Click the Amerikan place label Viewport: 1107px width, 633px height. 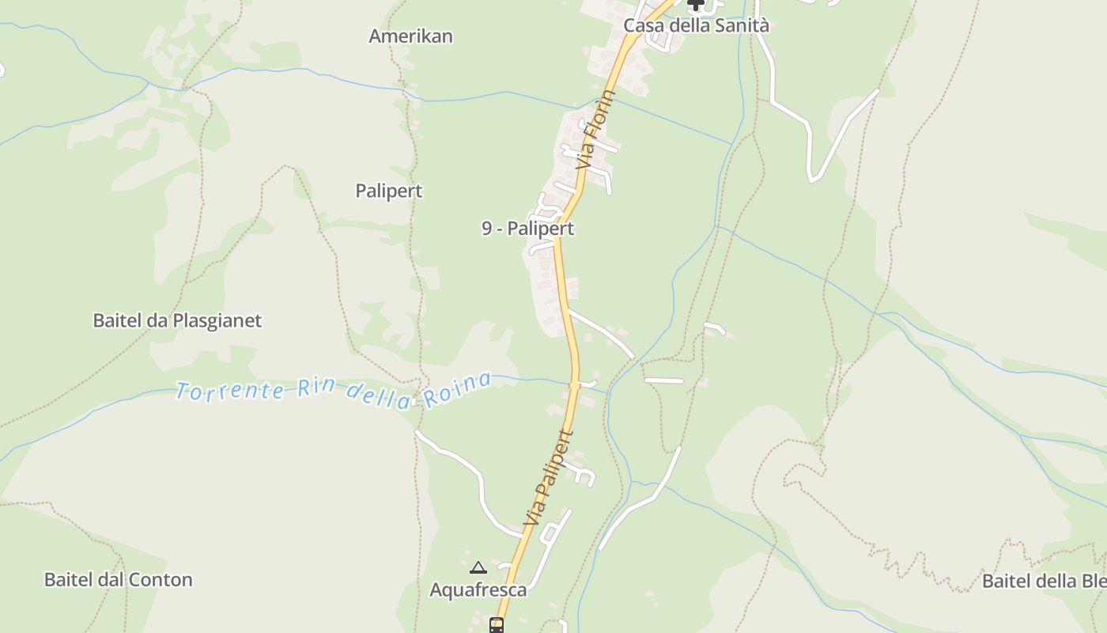(x=410, y=36)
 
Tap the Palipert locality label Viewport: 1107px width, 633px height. (x=388, y=191)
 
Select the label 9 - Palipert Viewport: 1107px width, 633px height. (x=527, y=229)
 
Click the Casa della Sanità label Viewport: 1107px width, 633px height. (x=696, y=25)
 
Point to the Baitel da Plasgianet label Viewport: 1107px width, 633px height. (x=177, y=320)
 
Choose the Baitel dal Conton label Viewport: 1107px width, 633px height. (x=118, y=579)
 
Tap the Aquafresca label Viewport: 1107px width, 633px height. (x=478, y=589)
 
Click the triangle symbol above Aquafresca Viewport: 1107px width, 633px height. (x=478, y=567)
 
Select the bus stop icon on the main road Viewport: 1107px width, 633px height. (x=497, y=625)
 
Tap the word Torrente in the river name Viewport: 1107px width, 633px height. (x=229, y=390)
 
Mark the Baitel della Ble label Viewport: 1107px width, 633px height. (x=1043, y=581)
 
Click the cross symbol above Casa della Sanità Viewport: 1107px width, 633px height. (x=696, y=5)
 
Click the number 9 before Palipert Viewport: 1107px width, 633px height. (x=487, y=229)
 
